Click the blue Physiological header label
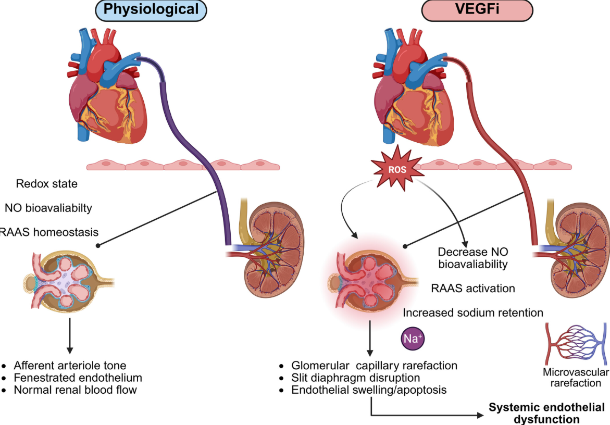pyautogui.click(x=151, y=9)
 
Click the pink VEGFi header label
pyautogui.click(x=477, y=9)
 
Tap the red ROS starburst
pyautogui.click(x=396, y=169)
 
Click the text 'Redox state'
pyautogui.click(x=47, y=184)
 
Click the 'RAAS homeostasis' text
pyautogui.click(x=49, y=232)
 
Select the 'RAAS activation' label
pyautogui.click(x=473, y=288)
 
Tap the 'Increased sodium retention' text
pyautogui.click(x=473, y=312)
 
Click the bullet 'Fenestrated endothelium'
pyautogui.click(x=78, y=377)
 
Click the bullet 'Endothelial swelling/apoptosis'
pyautogui.click(x=369, y=389)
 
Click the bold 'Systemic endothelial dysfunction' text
pyautogui.click(x=546, y=413)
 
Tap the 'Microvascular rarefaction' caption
pyautogui.click(x=575, y=378)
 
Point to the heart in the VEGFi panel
pyautogui.click(x=411, y=89)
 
